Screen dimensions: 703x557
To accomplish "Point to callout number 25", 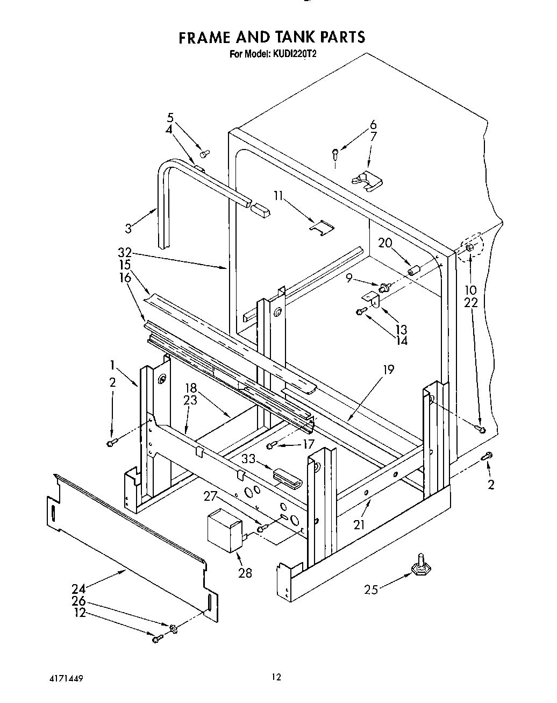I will (371, 590).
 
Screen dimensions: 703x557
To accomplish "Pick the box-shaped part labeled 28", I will (225, 529).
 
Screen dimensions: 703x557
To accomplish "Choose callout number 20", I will (385, 243).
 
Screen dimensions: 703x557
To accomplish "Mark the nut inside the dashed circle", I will (469, 247).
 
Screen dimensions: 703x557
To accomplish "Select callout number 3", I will (128, 228).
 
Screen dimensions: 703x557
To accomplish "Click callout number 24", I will (78, 588).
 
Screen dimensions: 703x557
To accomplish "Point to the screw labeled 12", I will (158, 638).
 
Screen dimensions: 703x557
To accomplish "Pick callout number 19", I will (389, 369).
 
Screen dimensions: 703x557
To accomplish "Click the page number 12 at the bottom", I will (276, 677).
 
